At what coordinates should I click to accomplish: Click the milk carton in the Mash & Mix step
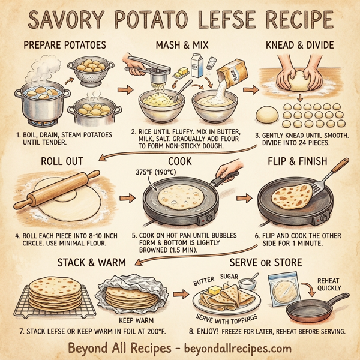pos(197,64)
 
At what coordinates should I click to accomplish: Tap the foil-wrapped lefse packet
pos(128,293)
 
